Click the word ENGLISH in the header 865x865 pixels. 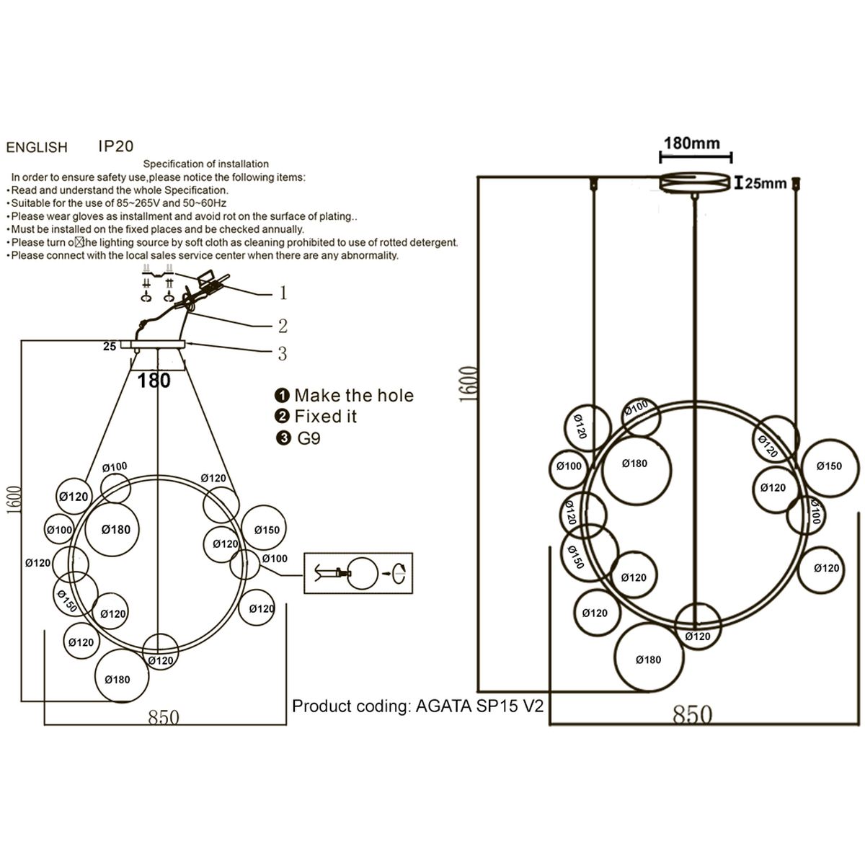pos(37,148)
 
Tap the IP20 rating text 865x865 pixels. pos(116,146)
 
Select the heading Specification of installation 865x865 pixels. pos(206,164)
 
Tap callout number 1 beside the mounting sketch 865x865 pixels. pos(283,293)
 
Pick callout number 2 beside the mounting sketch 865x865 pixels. pos(283,326)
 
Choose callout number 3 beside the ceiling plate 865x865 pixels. pos(283,353)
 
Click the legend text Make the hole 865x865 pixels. pos(354,395)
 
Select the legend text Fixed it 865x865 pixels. pos(326,416)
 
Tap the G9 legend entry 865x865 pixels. pos(309,438)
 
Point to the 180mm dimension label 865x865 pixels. pos(691,143)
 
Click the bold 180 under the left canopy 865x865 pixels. pos(154,380)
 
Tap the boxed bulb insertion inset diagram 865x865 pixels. pos(358,573)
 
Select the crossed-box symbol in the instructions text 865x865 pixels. pos(80,242)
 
